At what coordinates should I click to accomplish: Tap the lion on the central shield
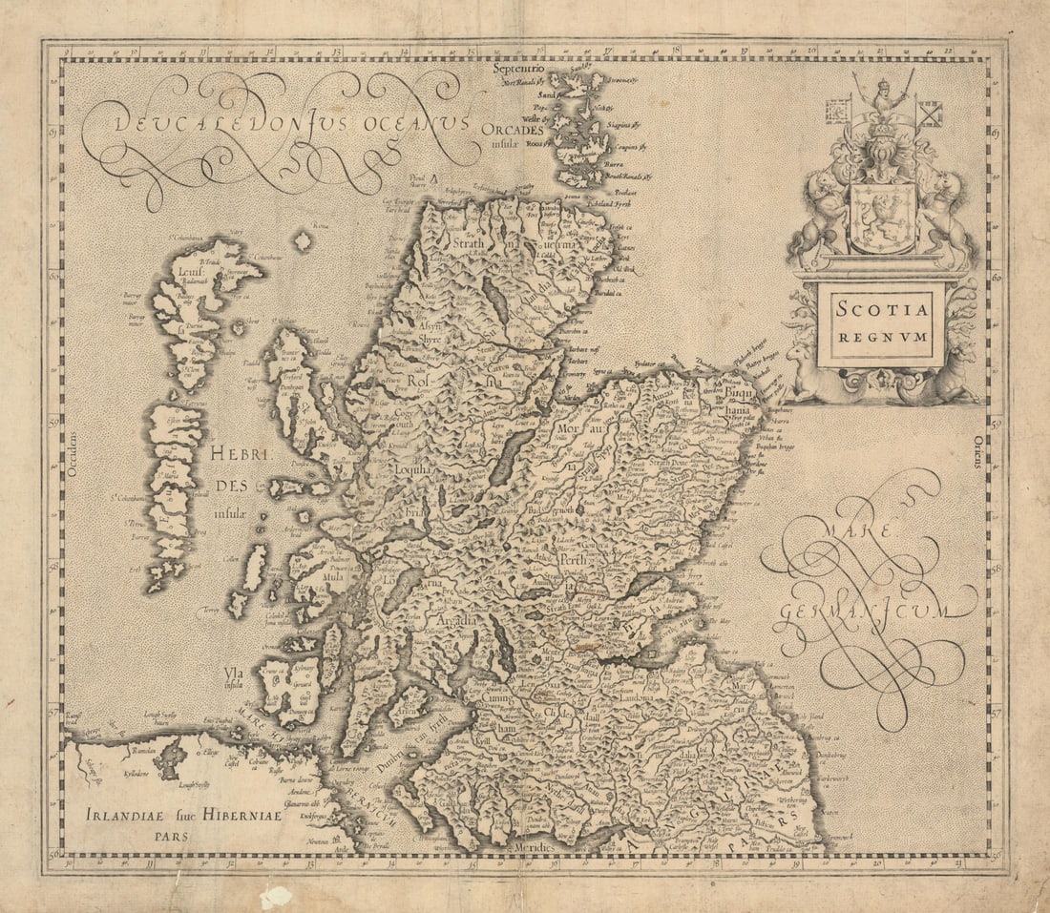pos(881,218)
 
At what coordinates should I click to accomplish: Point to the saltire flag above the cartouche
pos(929,114)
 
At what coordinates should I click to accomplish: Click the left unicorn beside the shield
pos(817,215)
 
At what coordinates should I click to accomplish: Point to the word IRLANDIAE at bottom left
pos(124,816)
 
